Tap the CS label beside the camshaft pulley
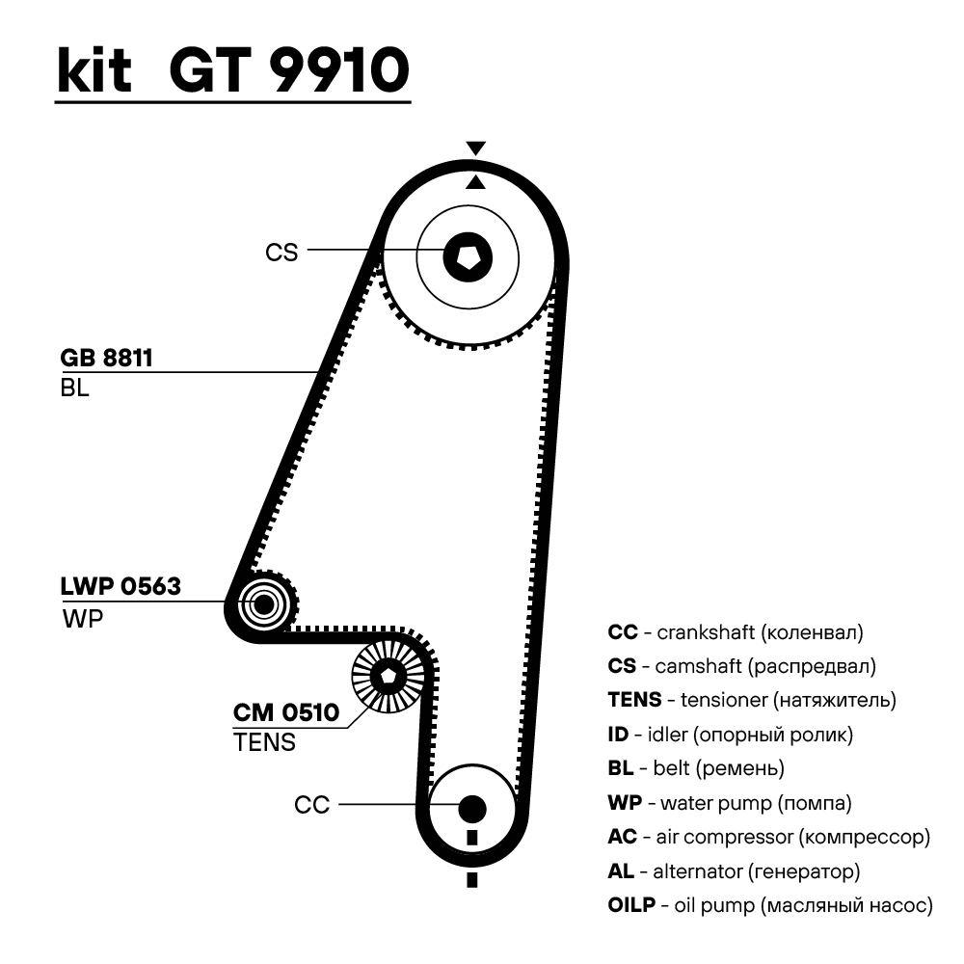(281, 253)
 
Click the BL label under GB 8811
(74, 389)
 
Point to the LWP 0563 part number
(120, 586)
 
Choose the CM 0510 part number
(286, 713)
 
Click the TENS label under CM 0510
(264, 743)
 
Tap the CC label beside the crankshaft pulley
(312, 805)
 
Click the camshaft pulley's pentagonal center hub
(469, 256)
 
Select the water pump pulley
(262, 604)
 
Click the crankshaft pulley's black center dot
(471, 807)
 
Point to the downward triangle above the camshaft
(475, 147)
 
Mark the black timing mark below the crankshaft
(471, 880)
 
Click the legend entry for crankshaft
(736, 633)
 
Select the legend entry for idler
(731, 735)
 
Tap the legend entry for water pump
(730, 802)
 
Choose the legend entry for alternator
(734, 871)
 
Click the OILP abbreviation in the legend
(631, 905)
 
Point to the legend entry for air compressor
(768, 837)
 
